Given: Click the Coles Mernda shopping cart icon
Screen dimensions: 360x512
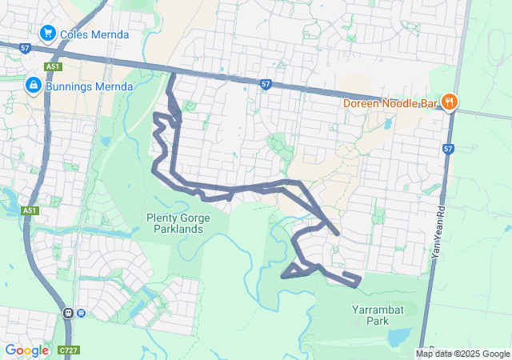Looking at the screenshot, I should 47,34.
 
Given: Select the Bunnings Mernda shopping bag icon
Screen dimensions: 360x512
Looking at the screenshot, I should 33,84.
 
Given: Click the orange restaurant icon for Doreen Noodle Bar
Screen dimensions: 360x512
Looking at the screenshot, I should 450,102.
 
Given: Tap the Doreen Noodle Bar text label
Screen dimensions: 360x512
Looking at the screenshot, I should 390,102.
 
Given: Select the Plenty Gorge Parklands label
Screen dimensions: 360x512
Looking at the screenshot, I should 174,223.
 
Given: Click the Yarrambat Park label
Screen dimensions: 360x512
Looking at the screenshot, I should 370,314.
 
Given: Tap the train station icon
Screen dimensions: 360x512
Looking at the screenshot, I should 69,313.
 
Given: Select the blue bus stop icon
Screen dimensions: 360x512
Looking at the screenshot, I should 81,313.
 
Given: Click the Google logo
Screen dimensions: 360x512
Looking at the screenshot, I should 26,350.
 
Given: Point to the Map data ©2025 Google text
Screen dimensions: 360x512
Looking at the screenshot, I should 462,354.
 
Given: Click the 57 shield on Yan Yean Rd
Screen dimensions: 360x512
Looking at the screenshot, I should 448,148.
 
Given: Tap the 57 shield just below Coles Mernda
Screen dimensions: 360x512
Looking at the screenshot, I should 25,49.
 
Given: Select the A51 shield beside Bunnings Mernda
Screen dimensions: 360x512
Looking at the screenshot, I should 53,66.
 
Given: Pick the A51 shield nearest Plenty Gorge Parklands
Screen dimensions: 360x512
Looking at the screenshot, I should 30,210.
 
